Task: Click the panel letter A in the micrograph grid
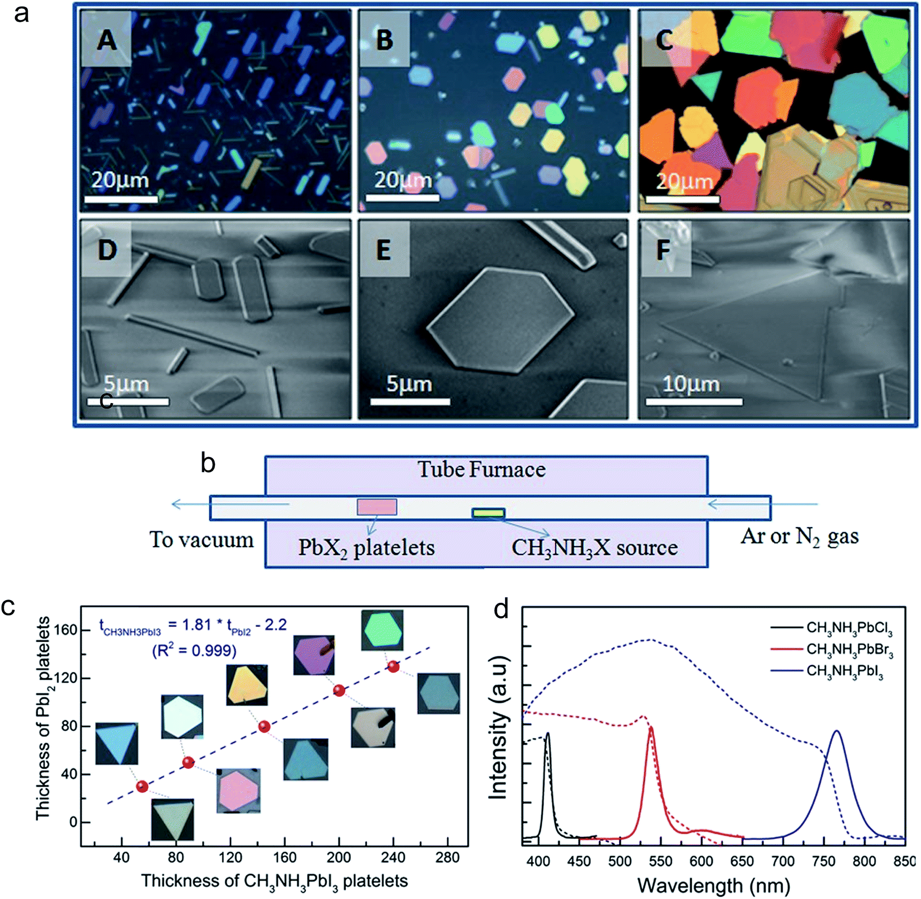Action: pyautogui.click(x=107, y=40)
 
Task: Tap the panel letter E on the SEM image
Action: pyautogui.click(x=384, y=250)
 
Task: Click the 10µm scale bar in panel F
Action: pyautogui.click(x=693, y=401)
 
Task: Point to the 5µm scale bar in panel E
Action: pyautogui.click(x=410, y=401)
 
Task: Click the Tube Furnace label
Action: pyautogui.click(x=482, y=470)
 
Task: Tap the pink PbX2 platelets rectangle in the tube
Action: pyautogui.click(x=377, y=507)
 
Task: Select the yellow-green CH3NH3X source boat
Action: pyautogui.click(x=488, y=513)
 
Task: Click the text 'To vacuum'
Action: pyautogui.click(x=201, y=540)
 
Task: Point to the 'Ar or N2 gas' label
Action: pyautogui.click(x=799, y=536)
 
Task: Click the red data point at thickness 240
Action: pyautogui.click(x=394, y=666)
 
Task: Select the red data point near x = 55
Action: pyautogui.click(x=142, y=786)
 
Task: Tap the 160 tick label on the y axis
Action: pyautogui.click(x=66, y=630)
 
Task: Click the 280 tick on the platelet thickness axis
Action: pyautogui.click(x=447, y=857)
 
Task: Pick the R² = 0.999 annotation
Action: pyautogui.click(x=194, y=650)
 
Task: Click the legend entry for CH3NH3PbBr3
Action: pyautogui.click(x=849, y=650)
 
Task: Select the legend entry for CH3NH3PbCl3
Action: pyautogui.click(x=849, y=628)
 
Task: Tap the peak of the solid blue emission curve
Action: pyautogui.click(x=836, y=731)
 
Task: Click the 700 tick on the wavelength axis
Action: pyautogui.click(x=783, y=861)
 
